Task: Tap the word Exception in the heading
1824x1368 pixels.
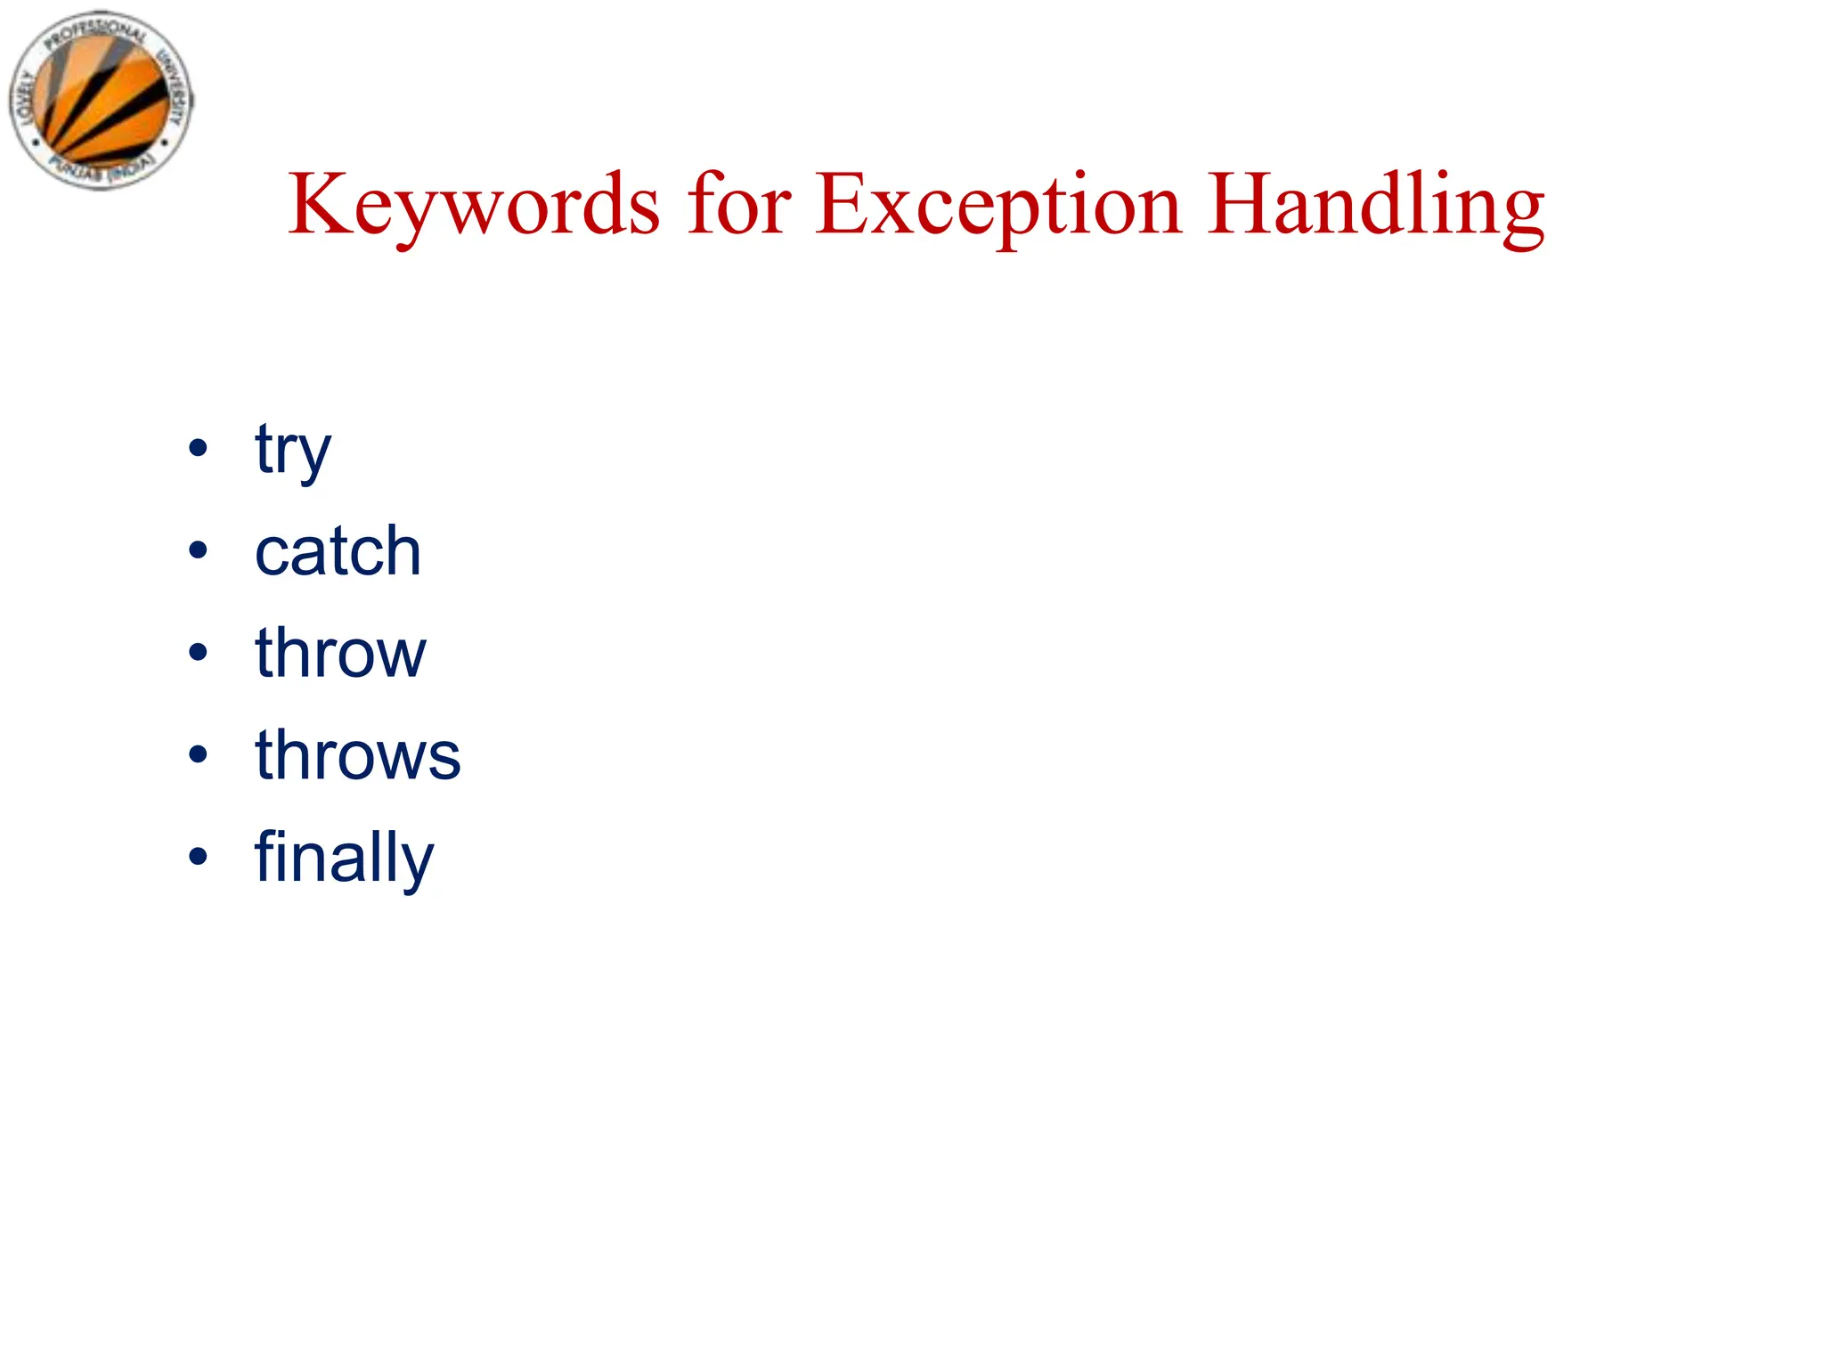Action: pyautogui.click(x=998, y=206)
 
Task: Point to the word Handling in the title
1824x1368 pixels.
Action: pyautogui.click(x=1376, y=206)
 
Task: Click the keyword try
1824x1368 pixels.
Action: pyautogui.click(x=292, y=451)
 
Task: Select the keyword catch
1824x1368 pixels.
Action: pyautogui.click(x=338, y=551)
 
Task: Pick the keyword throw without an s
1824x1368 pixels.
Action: pyautogui.click(x=340, y=653)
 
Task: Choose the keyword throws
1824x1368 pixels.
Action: pyautogui.click(x=357, y=755)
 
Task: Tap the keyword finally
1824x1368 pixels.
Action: pyautogui.click(x=344, y=858)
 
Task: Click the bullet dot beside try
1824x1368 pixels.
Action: pyautogui.click(x=198, y=448)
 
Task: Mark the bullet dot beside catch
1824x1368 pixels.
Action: pyautogui.click(x=198, y=550)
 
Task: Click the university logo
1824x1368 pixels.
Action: pyautogui.click(x=101, y=100)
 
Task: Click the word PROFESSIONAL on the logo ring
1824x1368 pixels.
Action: pyautogui.click(x=94, y=33)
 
